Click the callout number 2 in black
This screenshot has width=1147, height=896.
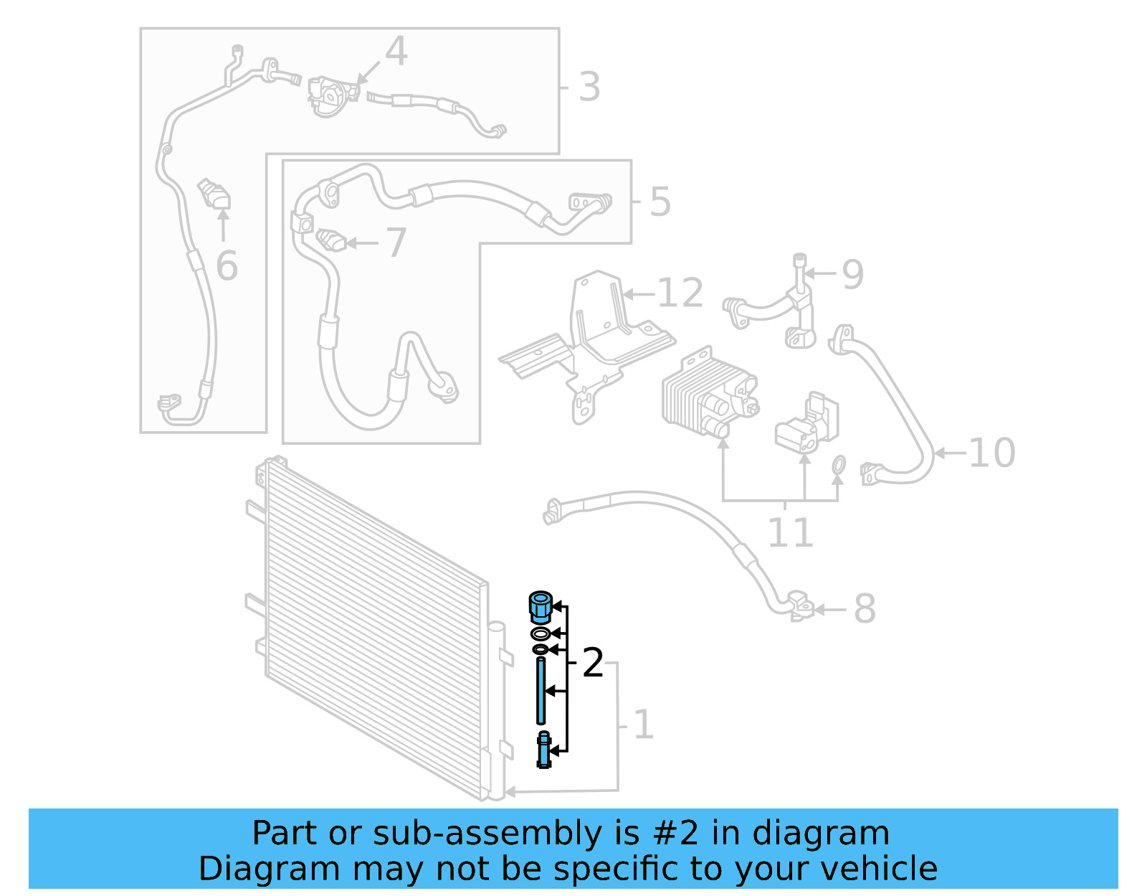(x=592, y=663)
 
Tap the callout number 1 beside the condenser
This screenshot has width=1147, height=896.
(x=643, y=725)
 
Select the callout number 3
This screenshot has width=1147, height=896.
(x=589, y=87)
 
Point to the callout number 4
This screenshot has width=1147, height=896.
(x=396, y=51)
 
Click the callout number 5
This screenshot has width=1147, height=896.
(x=660, y=202)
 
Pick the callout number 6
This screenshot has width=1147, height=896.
(x=227, y=266)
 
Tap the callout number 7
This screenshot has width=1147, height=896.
(x=396, y=242)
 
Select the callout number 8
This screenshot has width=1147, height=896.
(x=865, y=609)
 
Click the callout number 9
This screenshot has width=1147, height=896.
(x=852, y=274)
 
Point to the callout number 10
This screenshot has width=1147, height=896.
(x=991, y=453)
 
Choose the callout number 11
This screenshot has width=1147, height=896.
(x=790, y=532)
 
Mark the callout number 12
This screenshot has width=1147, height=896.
(x=680, y=293)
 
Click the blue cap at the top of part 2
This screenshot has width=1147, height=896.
(x=540, y=607)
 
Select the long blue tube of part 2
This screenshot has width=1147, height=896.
(x=541, y=690)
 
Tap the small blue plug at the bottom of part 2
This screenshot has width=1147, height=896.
(x=544, y=750)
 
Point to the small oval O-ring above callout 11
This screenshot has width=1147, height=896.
(x=838, y=466)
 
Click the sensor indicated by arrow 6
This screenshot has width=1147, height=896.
(x=214, y=194)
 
